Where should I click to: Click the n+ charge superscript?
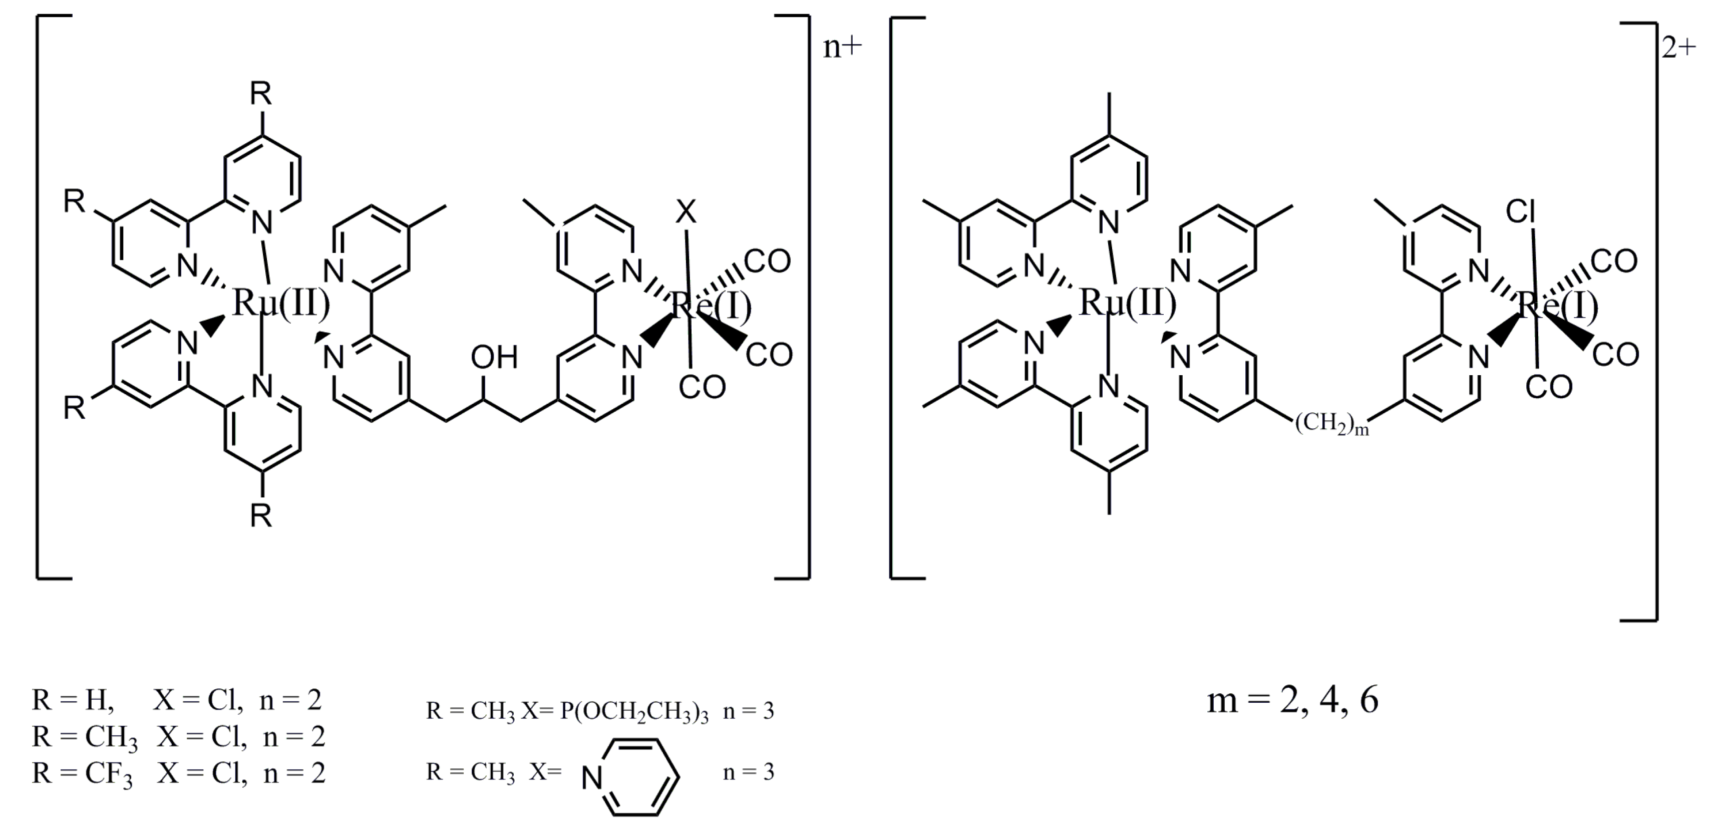(841, 48)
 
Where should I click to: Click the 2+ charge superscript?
(1679, 48)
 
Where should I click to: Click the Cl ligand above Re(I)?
(1520, 212)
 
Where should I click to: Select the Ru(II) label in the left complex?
(281, 304)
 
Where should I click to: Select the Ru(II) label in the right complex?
(1128, 304)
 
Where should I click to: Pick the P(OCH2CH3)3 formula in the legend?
(634, 712)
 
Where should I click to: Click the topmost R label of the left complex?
(261, 94)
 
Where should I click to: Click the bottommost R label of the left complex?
(261, 516)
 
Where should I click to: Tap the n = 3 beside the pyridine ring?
(748, 771)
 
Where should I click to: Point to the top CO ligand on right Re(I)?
(1614, 261)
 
